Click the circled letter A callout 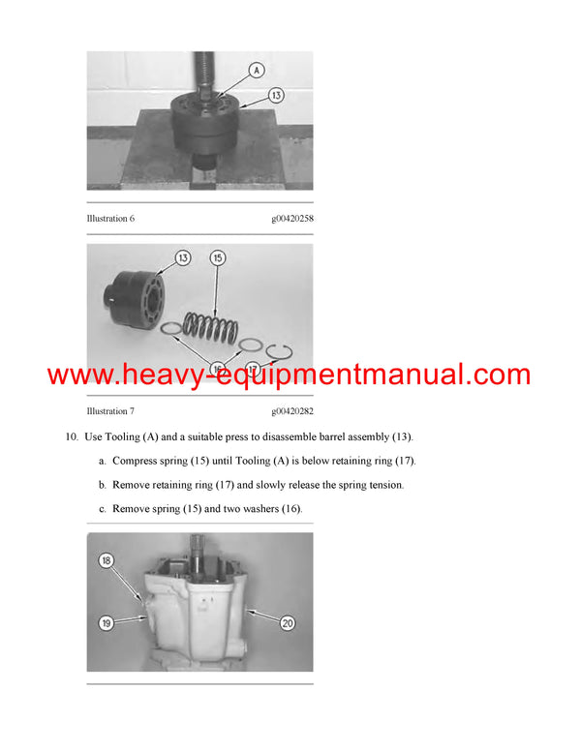point(257,71)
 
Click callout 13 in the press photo point(276,95)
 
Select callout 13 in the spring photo point(183,258)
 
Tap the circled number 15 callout point(218,258)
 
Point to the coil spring point(211,327)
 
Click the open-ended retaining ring point(279,352)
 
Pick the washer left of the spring point(171,328)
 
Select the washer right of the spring point(250,345)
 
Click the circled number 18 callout point(106,560)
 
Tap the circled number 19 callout point(106,623)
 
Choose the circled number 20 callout point(288,623)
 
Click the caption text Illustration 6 point(110,219)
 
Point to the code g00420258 point(292,219)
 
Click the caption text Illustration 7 point(110,411)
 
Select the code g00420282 point(292,411)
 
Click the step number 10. point(72,436)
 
